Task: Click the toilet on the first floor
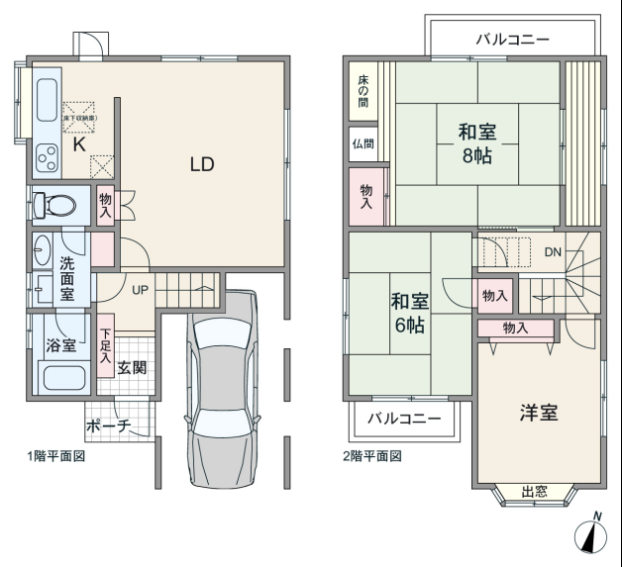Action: (x=53, y=205)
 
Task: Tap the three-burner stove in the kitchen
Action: (x=48, y=158)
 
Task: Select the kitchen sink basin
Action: (x=48, y=100)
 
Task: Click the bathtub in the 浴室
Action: (x=64, y=378)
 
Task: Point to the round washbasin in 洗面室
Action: (x=42, y=250)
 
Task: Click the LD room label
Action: (x=202, y=164)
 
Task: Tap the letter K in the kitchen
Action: (x=79, y=144)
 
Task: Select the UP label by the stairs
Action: (x=140, y=290)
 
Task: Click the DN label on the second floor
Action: (x=553, y=252)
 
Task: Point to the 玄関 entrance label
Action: (x=132, y=368)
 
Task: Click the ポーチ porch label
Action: (x=108, y=426)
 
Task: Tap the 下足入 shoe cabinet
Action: (x=106, y=345)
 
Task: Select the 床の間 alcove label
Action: (x=363, y=91)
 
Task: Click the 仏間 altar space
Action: (x=363, y=143)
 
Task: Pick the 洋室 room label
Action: (x=539, y=413)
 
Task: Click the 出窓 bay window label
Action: (x=534, y=492)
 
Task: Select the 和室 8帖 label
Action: (x=477, y=143)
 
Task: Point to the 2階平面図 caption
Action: (x=372, y=456)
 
